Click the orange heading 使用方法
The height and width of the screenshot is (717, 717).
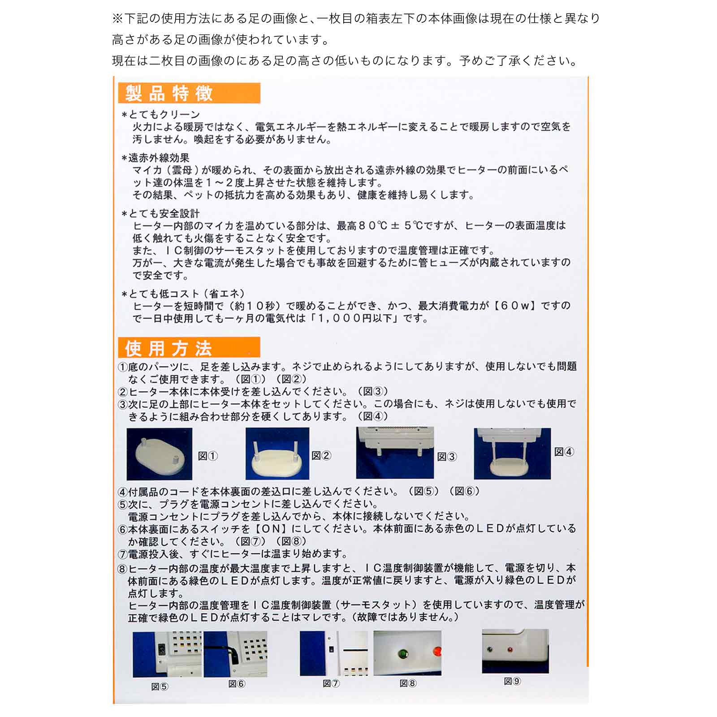[x=168, y=348]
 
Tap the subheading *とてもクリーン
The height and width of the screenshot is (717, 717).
[x=160, y=115]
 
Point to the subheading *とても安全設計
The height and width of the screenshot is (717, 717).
[x=160, y=213]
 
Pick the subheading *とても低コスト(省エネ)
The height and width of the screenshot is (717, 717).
[x=183, y=294]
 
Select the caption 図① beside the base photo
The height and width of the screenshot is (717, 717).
[x=208, y=456]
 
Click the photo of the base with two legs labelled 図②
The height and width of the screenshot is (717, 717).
[x=277, y=454]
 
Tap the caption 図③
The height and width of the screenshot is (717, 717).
[x=447, y=457]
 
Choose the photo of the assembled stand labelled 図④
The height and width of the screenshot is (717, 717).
[x=512, y=454]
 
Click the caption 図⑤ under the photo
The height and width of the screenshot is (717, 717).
[x=160, y=687]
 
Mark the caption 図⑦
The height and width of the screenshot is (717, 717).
[x=331, y=684]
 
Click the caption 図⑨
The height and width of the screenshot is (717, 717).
[x=512, y=682]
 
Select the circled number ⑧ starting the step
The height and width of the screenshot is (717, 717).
[x=122, y=569]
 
